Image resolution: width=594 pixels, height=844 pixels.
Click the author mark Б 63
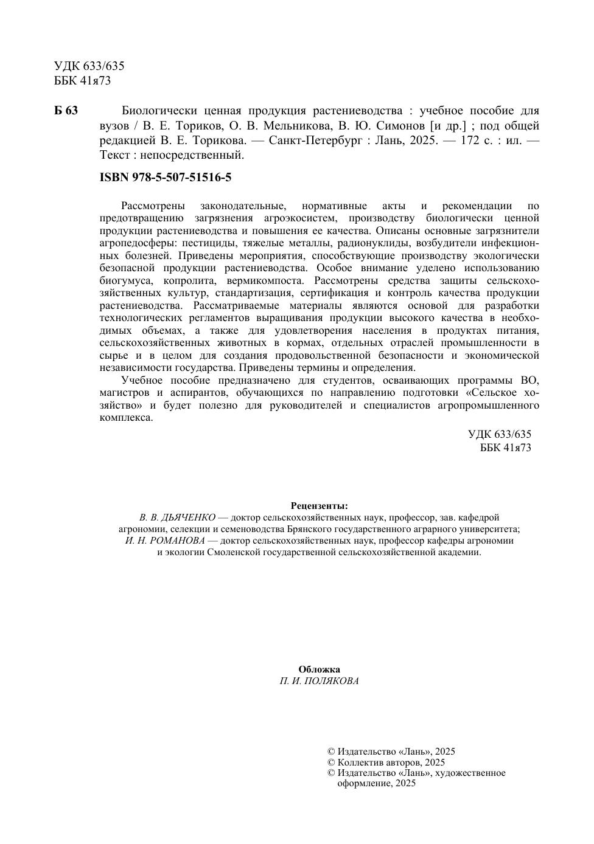[66, 111]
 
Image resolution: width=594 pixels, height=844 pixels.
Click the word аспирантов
[196, 393]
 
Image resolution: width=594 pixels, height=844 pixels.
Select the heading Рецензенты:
[319, 506]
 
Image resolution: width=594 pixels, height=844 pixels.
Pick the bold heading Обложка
[319, 669]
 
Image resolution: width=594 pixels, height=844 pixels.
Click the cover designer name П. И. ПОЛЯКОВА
[319, 681]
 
